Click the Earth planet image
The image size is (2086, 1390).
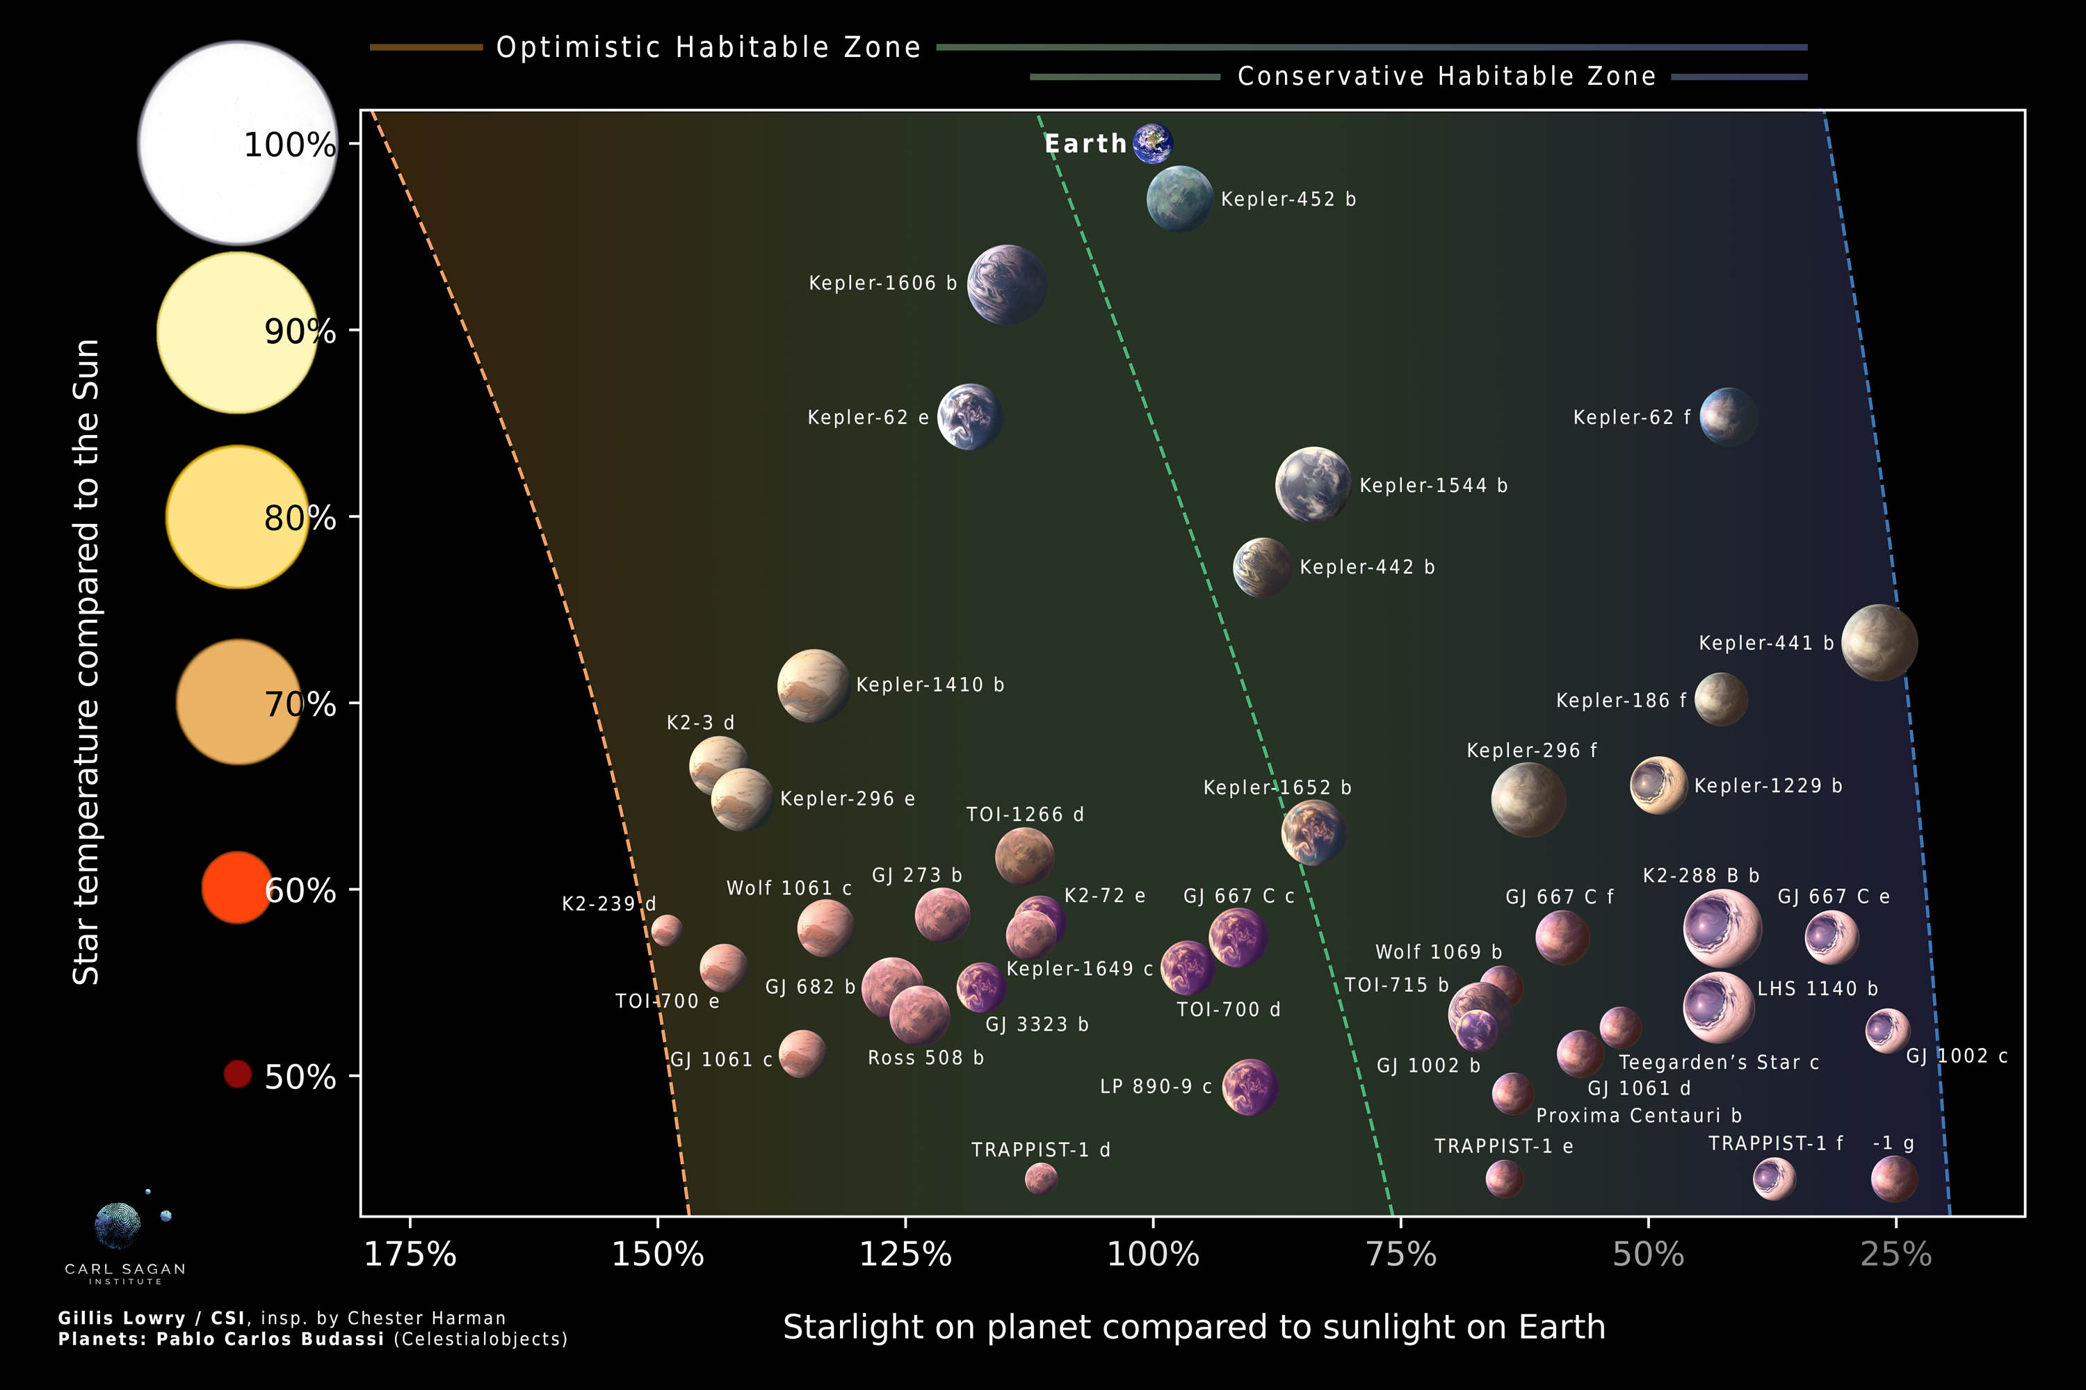click(x=1153, y=144)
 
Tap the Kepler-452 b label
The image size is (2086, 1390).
click(x=1288, y=199)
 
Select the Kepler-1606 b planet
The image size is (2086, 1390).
click(x=1007, y=284)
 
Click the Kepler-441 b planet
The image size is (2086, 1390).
click(x=1879, y=643)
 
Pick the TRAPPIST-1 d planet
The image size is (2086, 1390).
click(x=1040, y=1178)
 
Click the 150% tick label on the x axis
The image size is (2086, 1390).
click(x=657, y=1254)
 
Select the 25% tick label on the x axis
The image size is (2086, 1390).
click(x=1895, y=1254)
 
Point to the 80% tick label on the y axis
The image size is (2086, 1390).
click(x=300, y=518)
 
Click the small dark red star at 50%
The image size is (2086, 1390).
click(x=237, y=1074)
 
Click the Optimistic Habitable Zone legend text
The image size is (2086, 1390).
click(x=708, y=47)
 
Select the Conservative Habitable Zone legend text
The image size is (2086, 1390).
click(x=1446, y=76)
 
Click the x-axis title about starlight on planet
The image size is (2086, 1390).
click(x=1194, y=1327)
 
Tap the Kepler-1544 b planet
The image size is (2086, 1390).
click(x=1313, y=484)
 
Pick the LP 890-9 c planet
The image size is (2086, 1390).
click(x=1250, y=1087)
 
